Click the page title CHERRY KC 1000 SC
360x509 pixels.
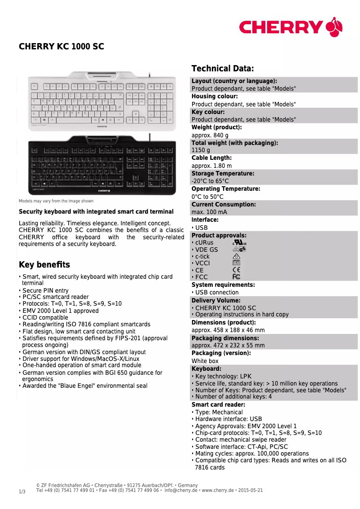pyautogui.click(x=61, y=47)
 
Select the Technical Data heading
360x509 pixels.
pyautogui.click(x=223, y=69)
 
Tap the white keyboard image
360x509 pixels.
pyautogui.click(x=102, y=102)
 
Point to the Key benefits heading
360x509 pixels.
pyautogui.click(x=44, y=265)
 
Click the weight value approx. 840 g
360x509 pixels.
pyautogui.click(x=210, y=135)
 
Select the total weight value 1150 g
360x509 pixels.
pyautogui.click(x=201, y=150)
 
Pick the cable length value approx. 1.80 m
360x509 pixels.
pyautogui.click(x=212, y=166)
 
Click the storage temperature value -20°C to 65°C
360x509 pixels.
pyautogui.click(x=210, y=181)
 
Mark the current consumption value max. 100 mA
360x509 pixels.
pyautogui.click(x=209, y=212)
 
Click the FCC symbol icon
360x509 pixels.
pyautogui.click(x=237, y=277)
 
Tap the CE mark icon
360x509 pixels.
pyautogui.click(x=237, y=270)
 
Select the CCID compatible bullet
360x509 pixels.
pyautogui.click(x=45, y=317)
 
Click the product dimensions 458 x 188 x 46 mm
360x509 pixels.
pyautogui.click(x=228, y=330)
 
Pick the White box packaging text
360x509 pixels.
pyautogui.click(x=205, y=361)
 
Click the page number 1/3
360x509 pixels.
pyautogui.click(x=22, y=492)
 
